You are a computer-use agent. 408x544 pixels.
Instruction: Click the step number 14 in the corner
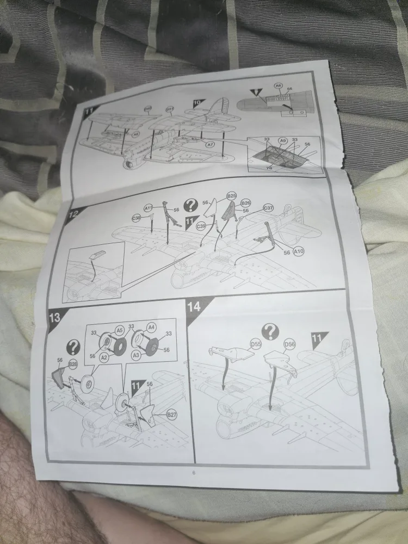click(194, 307)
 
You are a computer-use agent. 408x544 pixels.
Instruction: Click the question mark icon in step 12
click(190, 205)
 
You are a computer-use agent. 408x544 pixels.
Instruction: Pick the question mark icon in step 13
click(72, 347)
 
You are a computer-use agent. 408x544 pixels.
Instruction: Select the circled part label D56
click(289, 344)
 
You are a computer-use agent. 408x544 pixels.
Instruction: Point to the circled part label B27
click(172, 415)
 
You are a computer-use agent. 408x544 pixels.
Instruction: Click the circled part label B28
click(73, 363)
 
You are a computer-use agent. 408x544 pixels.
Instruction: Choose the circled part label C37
click(268, 208)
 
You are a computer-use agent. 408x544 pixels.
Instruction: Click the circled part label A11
click(149, 208)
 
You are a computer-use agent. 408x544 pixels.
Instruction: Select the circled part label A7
click(211, 144)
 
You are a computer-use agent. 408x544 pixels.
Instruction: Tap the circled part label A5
click(119, 330)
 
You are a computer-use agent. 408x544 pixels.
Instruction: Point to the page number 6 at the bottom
click(193, 472)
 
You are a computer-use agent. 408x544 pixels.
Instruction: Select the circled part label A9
click(282, 140)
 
